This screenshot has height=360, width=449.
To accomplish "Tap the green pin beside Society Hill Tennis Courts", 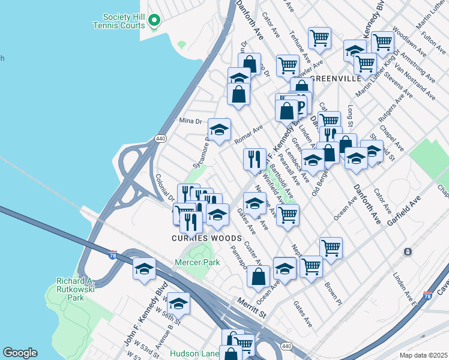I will coord(154,21).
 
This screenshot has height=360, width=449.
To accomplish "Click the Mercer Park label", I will coord(193,262).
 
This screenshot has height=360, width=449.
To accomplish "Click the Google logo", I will coord(20,353).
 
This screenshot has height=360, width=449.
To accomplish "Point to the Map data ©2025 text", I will coord(423,355).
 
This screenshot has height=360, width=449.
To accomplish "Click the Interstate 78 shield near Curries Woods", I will coord(112,254).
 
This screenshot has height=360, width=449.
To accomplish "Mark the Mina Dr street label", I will coord(191,121).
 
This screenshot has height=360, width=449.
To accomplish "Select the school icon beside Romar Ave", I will coord(219,130).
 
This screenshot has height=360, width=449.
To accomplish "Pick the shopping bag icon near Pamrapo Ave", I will coord(258,277).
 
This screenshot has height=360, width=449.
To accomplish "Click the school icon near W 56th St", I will coord(178,303).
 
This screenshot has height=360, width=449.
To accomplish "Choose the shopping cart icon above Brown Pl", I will coord(330,247).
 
